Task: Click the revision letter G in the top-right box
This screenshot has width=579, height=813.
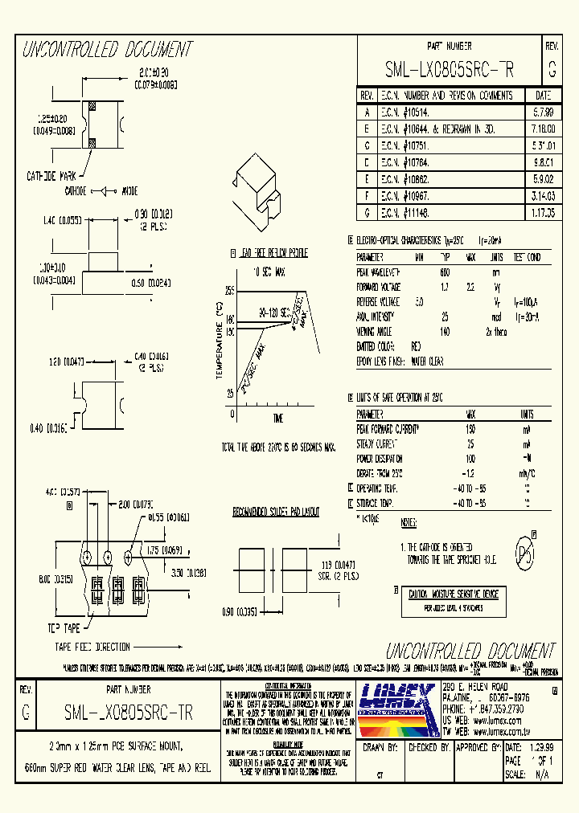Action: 551,71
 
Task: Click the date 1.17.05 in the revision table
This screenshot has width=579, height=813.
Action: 544,213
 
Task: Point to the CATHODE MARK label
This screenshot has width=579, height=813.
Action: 51,174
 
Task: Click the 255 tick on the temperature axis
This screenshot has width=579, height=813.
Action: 229,290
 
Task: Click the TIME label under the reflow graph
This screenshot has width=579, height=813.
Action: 277,419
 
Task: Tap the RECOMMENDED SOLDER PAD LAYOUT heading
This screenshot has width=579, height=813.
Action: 276,511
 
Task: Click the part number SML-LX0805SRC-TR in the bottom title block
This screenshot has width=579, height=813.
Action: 128,712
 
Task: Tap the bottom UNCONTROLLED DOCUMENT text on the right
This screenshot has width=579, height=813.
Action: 470,651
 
